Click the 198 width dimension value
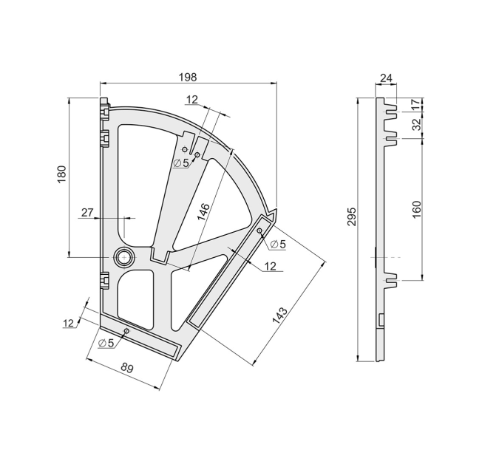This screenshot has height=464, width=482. point(188,77)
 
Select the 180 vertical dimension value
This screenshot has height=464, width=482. point(62,174)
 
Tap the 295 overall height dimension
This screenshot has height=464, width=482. point(352,216)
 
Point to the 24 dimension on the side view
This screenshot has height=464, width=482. point(386,78)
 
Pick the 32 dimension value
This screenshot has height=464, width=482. point(415,125)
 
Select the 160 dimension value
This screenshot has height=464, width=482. point(416,209)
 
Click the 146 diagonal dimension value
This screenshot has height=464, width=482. point(203,212)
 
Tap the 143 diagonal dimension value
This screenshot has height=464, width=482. point(279,315)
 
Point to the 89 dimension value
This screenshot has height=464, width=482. point(126,367)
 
